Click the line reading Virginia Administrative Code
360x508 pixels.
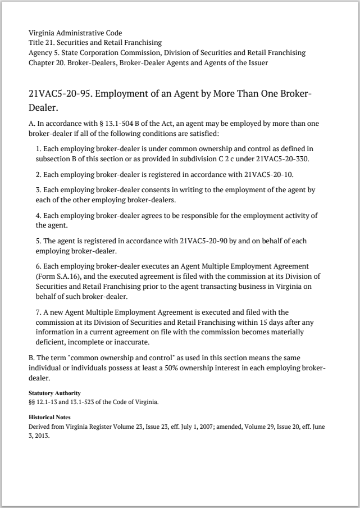75,33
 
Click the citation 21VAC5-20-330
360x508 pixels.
282,158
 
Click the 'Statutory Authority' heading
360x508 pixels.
54,393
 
